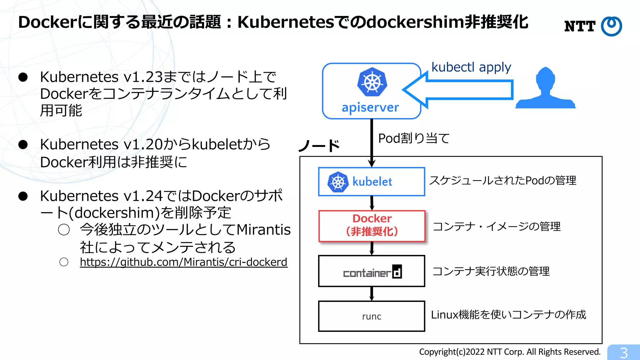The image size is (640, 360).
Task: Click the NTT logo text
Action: click(580, 26)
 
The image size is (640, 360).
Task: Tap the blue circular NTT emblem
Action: click(611, 26)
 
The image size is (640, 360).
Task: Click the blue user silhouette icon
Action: click(545, 89)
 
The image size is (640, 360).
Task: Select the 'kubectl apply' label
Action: click(471, 67)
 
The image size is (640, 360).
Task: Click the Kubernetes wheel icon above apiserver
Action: click(372, 82)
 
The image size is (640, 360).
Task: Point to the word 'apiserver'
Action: click(370, 107)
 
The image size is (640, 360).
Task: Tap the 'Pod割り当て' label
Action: click(414, 138)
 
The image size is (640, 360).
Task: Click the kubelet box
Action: click(372, 182)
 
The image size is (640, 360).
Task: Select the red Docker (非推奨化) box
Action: click(372, 226)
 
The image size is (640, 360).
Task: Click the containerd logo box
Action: click(372, 271)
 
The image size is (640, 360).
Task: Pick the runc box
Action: click(372, 316)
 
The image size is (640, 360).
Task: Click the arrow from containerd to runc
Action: click(372, 294)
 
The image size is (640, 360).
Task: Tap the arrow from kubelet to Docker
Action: click(372, 203)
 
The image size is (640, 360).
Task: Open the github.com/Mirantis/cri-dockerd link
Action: click(183, 262)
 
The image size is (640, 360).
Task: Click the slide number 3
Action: click(624, 353)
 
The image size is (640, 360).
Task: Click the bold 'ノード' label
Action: click(319, 146)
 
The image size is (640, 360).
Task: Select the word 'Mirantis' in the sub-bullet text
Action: click(263, 230)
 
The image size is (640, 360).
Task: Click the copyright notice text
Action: click(510, 352)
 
